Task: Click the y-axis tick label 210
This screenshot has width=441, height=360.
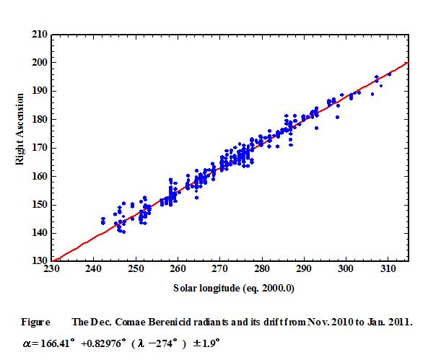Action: point(40,35)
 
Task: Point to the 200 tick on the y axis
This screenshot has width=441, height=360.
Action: point(40,63)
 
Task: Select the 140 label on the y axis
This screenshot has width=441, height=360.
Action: point(40,233)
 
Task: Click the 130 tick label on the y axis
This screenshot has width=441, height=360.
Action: point(40,261)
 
